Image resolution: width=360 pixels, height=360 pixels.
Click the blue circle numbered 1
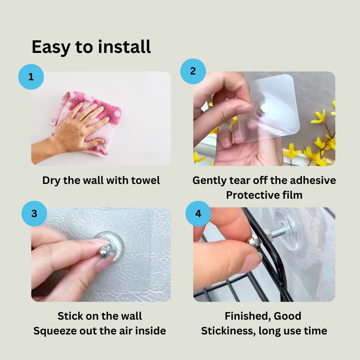tap(31, 77)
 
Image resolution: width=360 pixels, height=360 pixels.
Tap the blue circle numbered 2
tap(193, 71)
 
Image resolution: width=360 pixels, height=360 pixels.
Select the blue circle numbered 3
tap(34, 213)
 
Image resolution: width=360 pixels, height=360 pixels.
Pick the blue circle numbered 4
tap(198, 213)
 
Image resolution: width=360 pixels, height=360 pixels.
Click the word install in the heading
tap(124, 47)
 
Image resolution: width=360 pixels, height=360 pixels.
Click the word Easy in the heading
tap(51, 48)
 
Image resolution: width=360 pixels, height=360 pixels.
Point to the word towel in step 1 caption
tap(145, 180)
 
